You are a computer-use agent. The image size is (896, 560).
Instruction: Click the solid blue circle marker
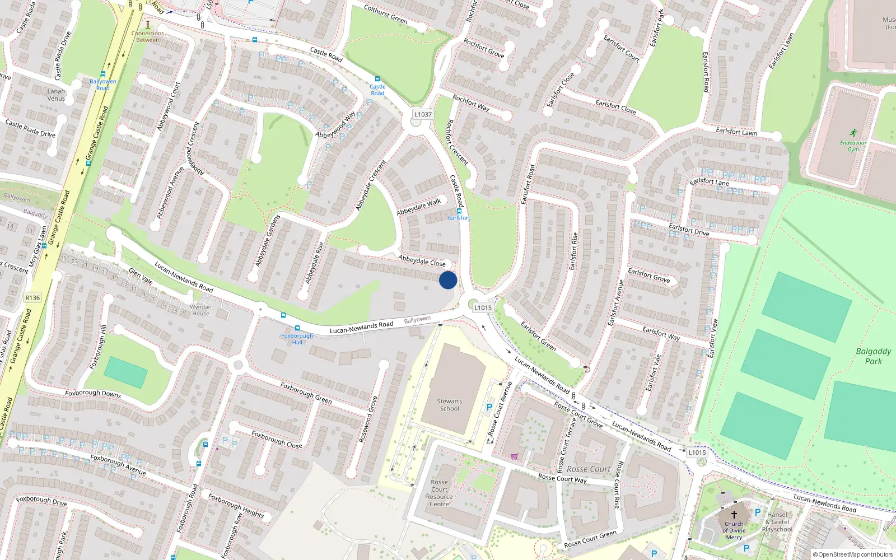[448, 280]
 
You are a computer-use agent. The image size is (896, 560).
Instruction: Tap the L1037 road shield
[423, 114]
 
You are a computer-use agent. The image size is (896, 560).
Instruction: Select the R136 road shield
[32, 297]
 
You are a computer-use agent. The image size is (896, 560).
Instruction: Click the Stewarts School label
[449, 405]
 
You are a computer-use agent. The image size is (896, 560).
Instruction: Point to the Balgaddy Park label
[874, 356]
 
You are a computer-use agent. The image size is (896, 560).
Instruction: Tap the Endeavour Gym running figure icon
[853, 133]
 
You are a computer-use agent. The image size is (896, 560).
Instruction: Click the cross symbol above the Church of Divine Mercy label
[734, 514]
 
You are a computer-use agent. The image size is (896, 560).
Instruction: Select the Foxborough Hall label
[297, 339]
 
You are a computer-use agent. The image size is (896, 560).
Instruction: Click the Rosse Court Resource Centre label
[440, 493]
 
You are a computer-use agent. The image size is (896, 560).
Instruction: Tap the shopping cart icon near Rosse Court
[514, 456]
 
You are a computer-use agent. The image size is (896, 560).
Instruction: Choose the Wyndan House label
[200, 310]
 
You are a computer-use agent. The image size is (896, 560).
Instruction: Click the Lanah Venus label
[56, 95]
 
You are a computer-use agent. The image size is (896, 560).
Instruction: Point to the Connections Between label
[148, 36]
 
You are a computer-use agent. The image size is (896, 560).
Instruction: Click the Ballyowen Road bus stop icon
[103, 74]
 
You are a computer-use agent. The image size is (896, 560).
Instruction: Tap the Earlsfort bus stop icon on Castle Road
[459, 211]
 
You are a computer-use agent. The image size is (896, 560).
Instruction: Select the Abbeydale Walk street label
[419, 207]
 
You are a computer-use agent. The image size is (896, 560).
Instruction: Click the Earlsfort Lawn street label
[736, 132]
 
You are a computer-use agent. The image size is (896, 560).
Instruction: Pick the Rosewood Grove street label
[368, 419]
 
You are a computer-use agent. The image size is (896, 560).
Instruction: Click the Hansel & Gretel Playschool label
[777, 522]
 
